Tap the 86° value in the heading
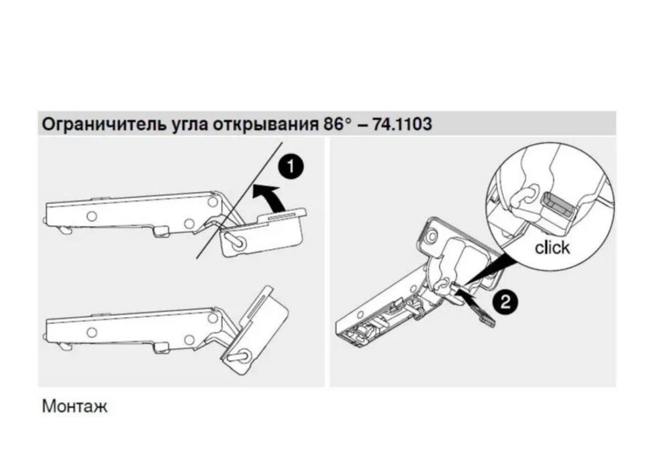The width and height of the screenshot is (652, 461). pos(337,124)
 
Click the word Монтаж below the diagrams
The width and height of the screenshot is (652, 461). pos(74,406)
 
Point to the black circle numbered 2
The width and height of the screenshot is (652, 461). pos(505,300)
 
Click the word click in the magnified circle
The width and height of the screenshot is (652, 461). pos(552,248)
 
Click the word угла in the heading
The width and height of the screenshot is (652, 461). pos(190,124)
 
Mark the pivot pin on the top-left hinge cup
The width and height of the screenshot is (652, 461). pos(234,238)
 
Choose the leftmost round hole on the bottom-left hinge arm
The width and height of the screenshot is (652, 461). pos(90,332)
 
